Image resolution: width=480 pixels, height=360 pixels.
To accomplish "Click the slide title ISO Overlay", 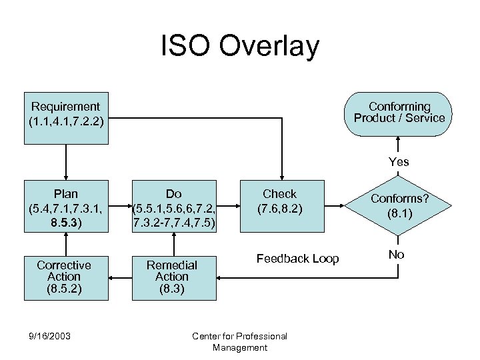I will (x=240, y=47).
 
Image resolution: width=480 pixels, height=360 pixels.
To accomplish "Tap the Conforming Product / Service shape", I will (x=399, y=113).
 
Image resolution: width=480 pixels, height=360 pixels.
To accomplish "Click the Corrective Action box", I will (x=65, y=276).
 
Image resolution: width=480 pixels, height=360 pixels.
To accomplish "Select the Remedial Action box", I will (x=172, y=276).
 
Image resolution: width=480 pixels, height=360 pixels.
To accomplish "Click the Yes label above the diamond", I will (x=399, y=162).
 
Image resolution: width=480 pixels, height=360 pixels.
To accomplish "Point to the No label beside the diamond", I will (x=396, y=254).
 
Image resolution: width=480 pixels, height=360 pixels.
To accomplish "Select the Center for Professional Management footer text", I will (x=239, y=341).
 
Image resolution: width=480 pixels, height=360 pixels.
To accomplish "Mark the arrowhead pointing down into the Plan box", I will (x=65, y=175).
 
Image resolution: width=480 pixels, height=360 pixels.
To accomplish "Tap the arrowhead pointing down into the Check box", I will (x=281, y=175).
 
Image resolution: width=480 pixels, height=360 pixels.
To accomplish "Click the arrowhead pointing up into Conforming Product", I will (x=399, y=140).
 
